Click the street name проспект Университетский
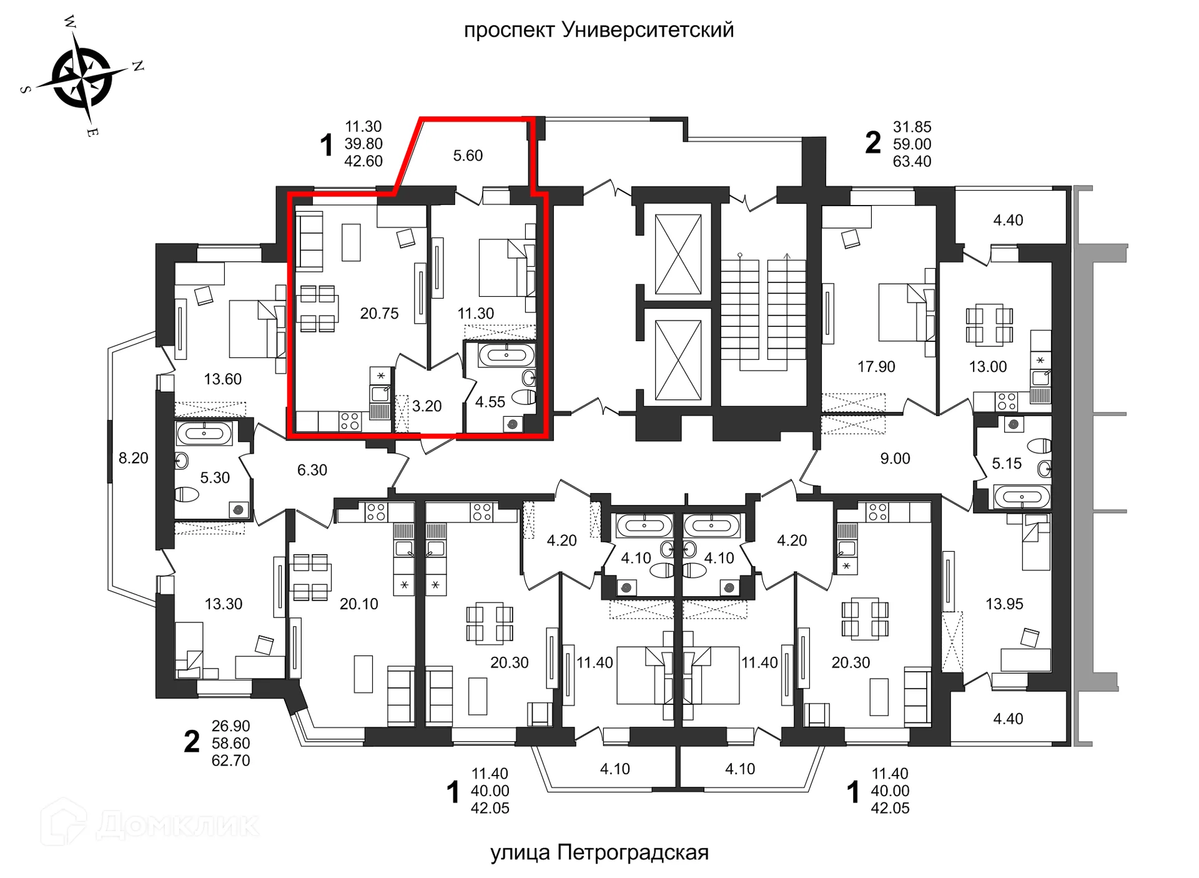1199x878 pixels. coord(598,30)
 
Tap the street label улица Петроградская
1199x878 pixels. coord(599,852)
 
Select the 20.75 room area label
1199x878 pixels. coord(379,314)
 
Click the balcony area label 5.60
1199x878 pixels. coord(468,156)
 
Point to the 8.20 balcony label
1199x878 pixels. coord(133,458)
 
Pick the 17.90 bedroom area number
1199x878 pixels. coord(876,367)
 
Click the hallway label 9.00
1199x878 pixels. coord(895,459)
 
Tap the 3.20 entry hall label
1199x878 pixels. coord(427,406)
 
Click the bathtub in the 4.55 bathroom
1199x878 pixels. coord(506,356)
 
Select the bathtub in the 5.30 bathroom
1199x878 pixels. coord(204,432)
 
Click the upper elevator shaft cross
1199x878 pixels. coord(678,254)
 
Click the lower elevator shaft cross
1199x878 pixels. coord(678,360)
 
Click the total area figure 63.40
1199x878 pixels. coord(912,161)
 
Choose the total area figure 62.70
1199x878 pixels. coord(230,761)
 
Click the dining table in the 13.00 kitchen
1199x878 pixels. coord(989,325)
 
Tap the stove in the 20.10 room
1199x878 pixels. coord(376,512)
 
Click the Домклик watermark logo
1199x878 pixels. coord(150,824)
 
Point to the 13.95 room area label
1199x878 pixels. coord(1004,604)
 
